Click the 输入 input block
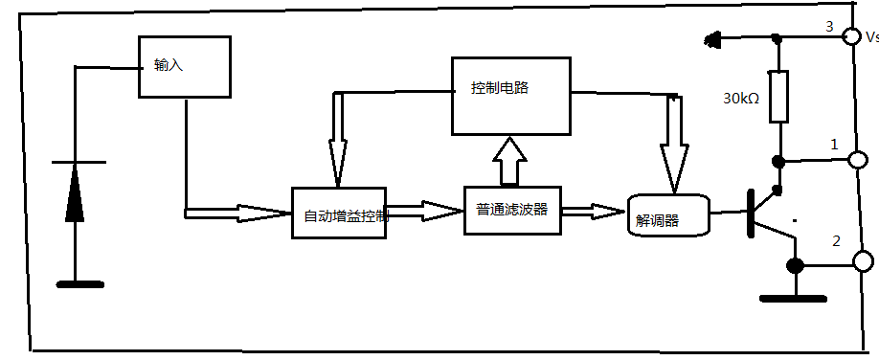pos(186,67)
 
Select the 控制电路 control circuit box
pos(510,94)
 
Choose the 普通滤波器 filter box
pos(512,210)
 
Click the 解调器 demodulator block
pos(667,216)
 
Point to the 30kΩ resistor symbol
pos(778,97)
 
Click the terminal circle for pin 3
pos(849,36)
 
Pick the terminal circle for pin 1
pos(860,161)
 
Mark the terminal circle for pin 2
pos(862,260)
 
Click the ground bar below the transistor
pos(793,299)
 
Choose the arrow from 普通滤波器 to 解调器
pos(594,211)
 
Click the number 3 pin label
pos(830,25)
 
